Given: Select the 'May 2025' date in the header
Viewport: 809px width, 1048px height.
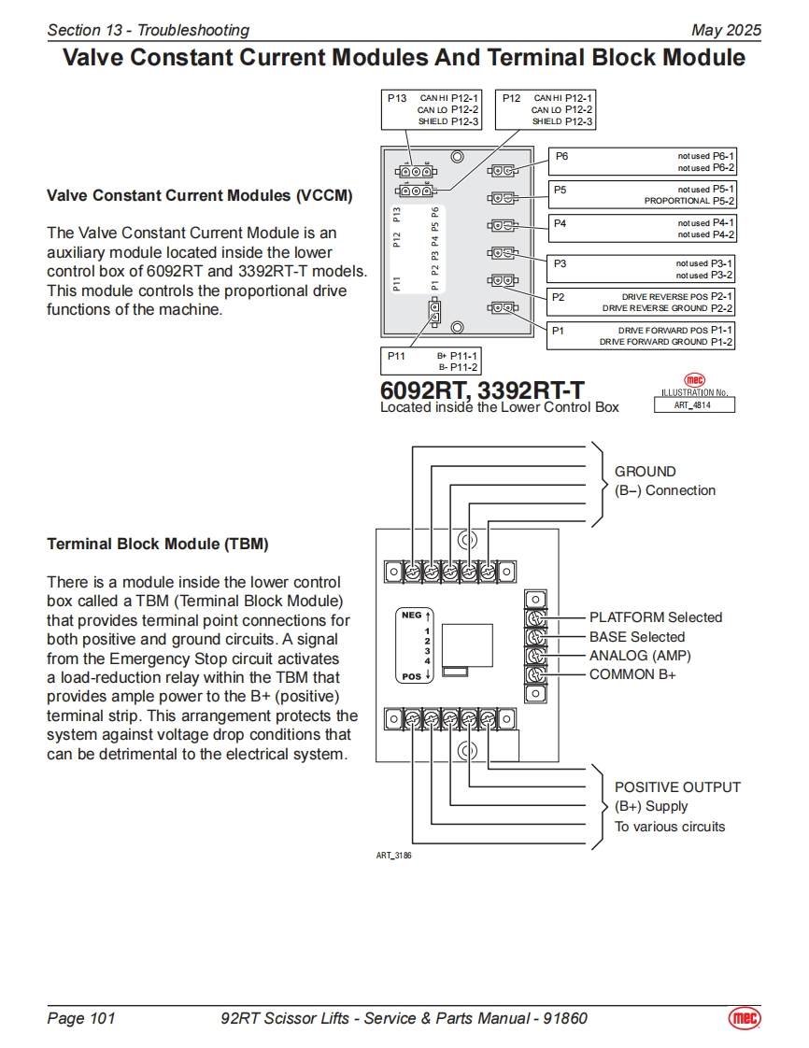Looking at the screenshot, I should pyautogui.click(x=726, y=30).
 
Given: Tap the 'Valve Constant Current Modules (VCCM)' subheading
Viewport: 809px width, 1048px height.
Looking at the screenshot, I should pyautogui.click(x=200, y=196).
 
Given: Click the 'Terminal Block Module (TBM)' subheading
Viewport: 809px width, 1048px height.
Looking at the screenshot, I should pyautogui.click(x=158, y=544).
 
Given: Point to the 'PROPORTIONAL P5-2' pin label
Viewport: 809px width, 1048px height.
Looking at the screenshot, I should pyautogui.click(x=689, y=201).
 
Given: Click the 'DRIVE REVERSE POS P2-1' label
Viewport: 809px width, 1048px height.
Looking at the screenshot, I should pyautogui.click(x=677, y=297).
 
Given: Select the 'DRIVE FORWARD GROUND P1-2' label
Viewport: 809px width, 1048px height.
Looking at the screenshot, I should pyautogui.click(x=666, y=342).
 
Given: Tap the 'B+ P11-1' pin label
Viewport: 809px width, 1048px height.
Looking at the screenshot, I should pyautogui.click(x=458, y=356).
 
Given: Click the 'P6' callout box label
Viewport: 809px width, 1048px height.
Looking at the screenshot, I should pyautogui.click(x=561, y=157).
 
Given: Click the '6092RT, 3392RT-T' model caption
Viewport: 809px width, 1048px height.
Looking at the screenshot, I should pyautogui.click(x=482, y=390).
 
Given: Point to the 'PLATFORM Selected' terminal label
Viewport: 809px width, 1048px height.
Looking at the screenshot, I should pyautogui.click(x=655, y=617).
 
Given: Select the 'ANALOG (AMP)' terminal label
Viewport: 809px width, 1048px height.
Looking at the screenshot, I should pyautogui.click(x=640, y=656).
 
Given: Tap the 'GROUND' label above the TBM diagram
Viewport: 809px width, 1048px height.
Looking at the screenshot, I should pyautogui.click(x=645, y=472).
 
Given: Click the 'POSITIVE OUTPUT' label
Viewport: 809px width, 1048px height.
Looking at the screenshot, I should pyautogui.click(x=677, y=787).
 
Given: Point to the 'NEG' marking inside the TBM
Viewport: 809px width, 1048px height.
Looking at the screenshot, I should pyautogui.click(x=411, y=616).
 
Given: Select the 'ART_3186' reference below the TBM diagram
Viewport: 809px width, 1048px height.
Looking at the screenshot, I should pyautogui.click(x=393, y=856).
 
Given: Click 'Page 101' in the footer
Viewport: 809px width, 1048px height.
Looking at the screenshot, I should pyautogui.click(x=81, y=1018).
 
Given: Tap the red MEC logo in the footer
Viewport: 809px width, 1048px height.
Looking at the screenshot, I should pyautogui.click(x=745, y=1018).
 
